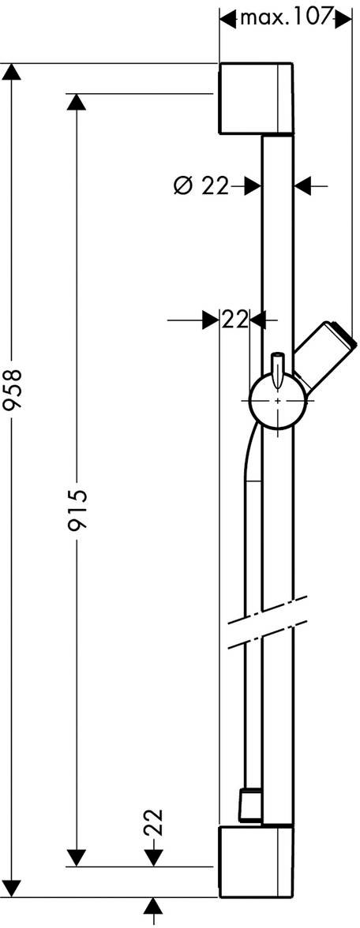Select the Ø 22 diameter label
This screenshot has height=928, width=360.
201,186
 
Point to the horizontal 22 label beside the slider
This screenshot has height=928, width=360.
234,320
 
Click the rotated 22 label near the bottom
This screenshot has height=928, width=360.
153,822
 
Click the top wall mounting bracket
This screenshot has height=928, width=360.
256,98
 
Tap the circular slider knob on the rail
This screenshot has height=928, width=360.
278,401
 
